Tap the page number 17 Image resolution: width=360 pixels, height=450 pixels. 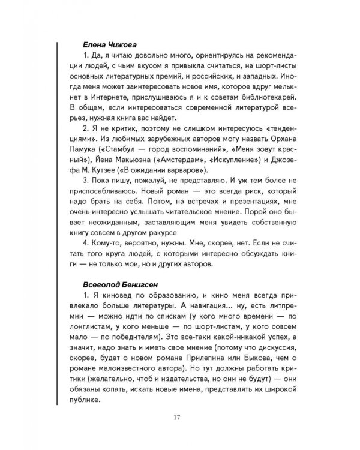(178, 418)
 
